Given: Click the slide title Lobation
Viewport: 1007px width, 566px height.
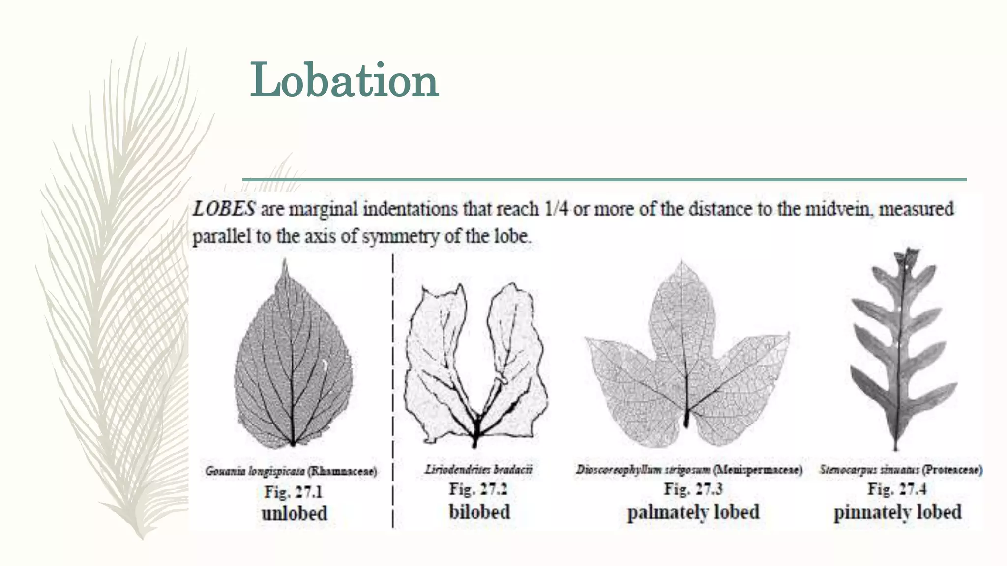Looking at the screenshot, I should [x=344, y=80].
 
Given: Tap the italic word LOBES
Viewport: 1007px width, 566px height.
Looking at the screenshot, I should [x=224, y=209].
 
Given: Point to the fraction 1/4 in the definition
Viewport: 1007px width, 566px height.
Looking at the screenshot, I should [x=556, y=209].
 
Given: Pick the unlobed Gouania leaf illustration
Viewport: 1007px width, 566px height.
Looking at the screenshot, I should [x=293, y=364].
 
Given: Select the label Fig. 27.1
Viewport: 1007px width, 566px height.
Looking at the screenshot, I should [x=294, y=492].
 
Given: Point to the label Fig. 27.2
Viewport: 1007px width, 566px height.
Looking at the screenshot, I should [x=478, y=489].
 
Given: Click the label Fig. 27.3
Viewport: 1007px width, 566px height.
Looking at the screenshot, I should [x=693, y=489].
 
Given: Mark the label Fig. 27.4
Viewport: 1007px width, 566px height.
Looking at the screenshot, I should [x=897, y=489].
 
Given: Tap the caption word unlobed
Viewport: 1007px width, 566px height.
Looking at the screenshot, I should [x=294, y=513].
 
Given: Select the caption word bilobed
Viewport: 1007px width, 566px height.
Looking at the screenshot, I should [x=479, y=512].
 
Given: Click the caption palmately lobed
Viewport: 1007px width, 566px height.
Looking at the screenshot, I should [x=693, y=512].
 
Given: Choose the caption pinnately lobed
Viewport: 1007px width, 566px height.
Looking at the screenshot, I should [x=897, y=512].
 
